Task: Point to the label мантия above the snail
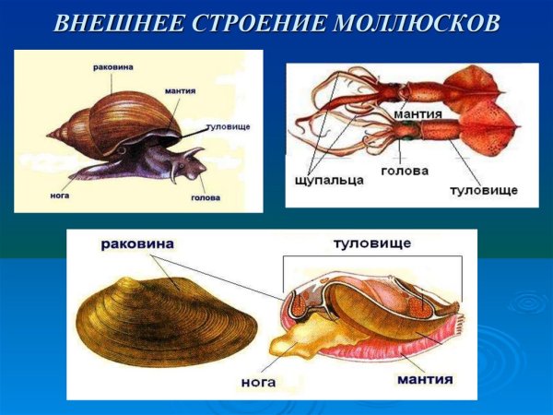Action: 180,91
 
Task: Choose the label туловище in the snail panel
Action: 229,125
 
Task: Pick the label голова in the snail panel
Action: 205,197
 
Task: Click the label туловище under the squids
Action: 482,189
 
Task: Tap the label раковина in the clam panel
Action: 138,244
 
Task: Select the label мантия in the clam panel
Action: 429,379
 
